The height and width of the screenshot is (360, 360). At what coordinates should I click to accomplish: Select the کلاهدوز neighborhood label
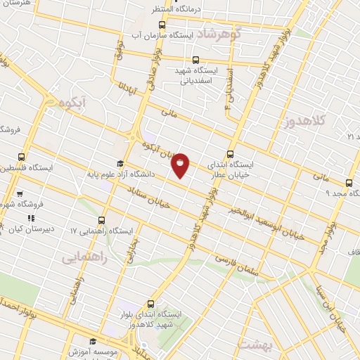point(326,121)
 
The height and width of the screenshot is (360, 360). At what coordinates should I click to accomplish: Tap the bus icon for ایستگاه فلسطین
point(22,157)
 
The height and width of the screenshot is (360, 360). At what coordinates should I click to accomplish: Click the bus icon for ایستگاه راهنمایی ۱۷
point(103,219)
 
